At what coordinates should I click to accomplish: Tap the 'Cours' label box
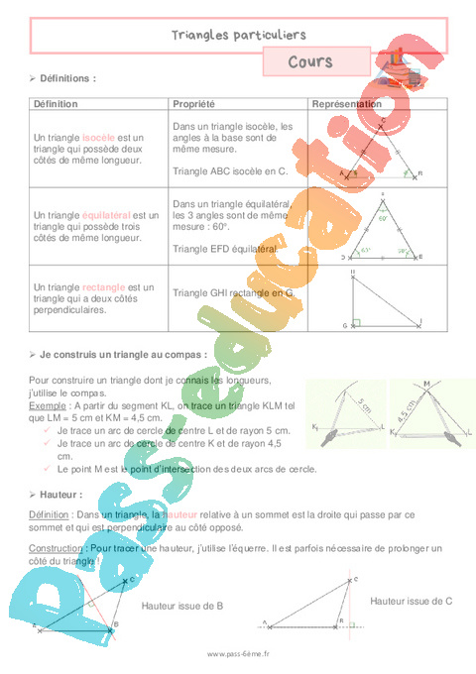tap(309, 62)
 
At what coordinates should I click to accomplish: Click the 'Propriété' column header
tap(194, 104)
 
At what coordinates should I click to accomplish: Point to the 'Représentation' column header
tap(347, 104)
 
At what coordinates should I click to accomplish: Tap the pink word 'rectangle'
tap(103, 287)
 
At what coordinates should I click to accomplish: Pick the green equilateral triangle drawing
tap(382, 233)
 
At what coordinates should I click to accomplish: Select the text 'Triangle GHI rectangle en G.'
tap(234, 293)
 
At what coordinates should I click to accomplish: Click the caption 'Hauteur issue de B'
tap(181, 604)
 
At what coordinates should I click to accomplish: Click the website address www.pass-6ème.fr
tap(238, 654)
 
